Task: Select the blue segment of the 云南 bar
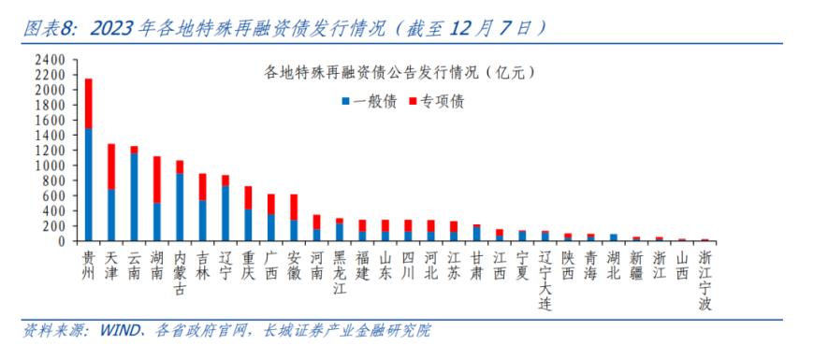(x=134, y=196)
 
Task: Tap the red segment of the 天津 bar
(x=111, y=166)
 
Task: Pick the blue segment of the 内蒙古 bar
(x=180, y=207)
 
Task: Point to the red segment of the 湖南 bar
(x=157, y=179)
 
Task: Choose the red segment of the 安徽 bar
(x=294, y=207)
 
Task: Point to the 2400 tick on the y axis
(x=50, y=60)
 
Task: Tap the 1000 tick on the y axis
(x=50, y=166)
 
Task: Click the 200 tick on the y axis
(x=53, y=225)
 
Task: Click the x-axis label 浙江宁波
(x=705, y=277)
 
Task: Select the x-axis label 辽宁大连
(x=545, y=277)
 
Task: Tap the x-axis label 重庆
(x=248, y=259)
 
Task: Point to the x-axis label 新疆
(x=636, y=259)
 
